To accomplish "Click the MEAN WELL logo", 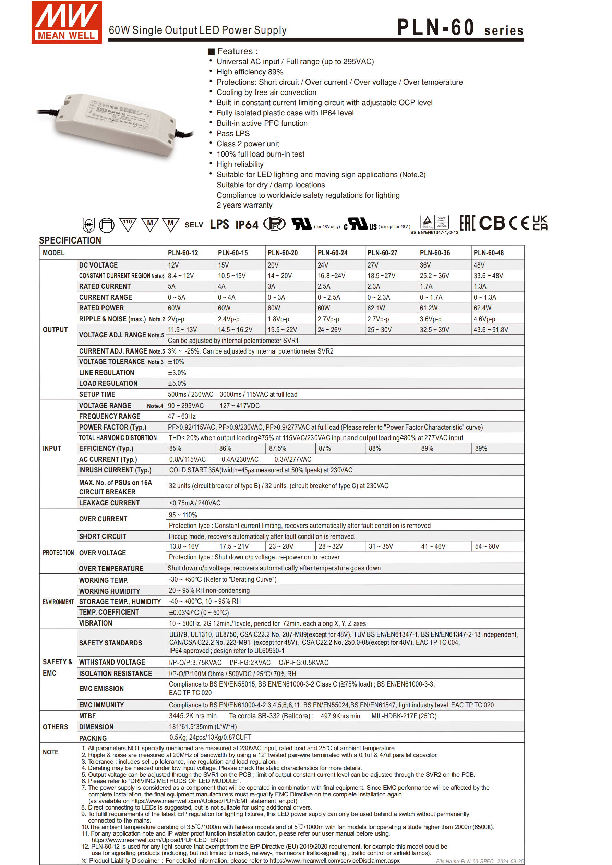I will [67, 22].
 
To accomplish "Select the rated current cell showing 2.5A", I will [324, 286].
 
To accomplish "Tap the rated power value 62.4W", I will [482, 308].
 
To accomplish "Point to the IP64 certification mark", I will [247, 225].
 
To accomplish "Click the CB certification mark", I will [492, 223].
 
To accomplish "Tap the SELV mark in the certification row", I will [193, 225].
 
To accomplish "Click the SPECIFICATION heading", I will [70, 240].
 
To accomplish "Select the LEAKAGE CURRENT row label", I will [109, 503].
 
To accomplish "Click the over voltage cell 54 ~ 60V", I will [487, 546].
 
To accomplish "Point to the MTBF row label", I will [87, 716].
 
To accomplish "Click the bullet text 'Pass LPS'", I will [233, 133].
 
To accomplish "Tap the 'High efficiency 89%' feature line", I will [250, 72].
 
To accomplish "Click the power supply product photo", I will [115, 124].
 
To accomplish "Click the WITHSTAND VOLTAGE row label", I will [112, 662].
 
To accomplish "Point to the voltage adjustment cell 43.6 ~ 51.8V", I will [491, 329].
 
